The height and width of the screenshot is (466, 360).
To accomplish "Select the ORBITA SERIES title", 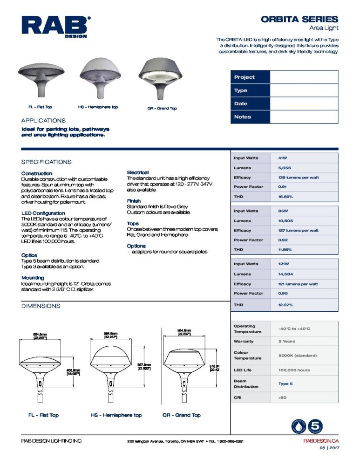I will tap(299, 19).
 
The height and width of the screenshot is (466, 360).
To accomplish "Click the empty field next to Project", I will tap(304, 77).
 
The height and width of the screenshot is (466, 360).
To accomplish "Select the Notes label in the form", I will tap(243, 117).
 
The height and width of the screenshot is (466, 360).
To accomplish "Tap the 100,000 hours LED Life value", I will tap(294, 370).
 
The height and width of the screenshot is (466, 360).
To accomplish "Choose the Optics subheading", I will tap(29, 255).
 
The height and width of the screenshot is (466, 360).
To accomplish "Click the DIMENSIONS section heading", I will tap(41, 306).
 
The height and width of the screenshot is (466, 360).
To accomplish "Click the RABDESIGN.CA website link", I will tap(320, 441).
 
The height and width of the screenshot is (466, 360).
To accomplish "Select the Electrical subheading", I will tap(138, 172).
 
